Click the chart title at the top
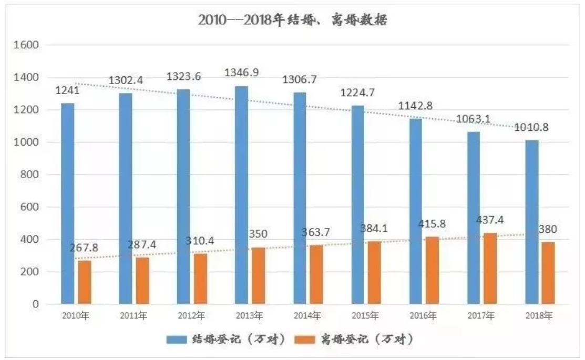point(293,20)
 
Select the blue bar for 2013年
point(241,194)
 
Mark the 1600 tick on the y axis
point(29,45)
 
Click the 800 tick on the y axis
point(32,175)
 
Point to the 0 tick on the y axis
point(36,304)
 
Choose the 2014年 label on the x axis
point(307,316)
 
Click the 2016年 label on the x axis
point(423,316)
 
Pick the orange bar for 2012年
point(200,279)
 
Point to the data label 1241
point(68,91)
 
